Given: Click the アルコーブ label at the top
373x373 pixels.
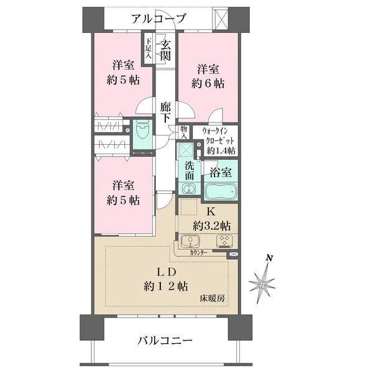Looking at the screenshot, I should coord(158,19).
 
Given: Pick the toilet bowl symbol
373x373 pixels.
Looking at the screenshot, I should coord(142,132).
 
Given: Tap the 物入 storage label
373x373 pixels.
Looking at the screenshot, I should coord(184,132).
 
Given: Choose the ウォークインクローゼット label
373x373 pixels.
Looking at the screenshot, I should coord(214,141).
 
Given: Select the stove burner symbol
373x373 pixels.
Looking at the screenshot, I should coord(223,242).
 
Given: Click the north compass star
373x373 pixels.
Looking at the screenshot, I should coord(262,283).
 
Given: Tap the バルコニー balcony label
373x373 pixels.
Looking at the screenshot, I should coord(165,341).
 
